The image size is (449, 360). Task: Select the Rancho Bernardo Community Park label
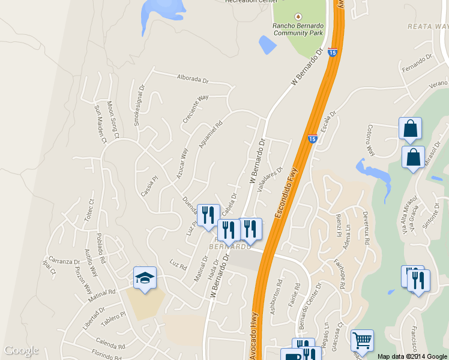(x=298, y=29)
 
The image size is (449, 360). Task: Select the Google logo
(x=21, y=350)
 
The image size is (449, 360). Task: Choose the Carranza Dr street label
(x=64, y=262)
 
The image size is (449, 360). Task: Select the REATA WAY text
(x=427, y=26)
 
